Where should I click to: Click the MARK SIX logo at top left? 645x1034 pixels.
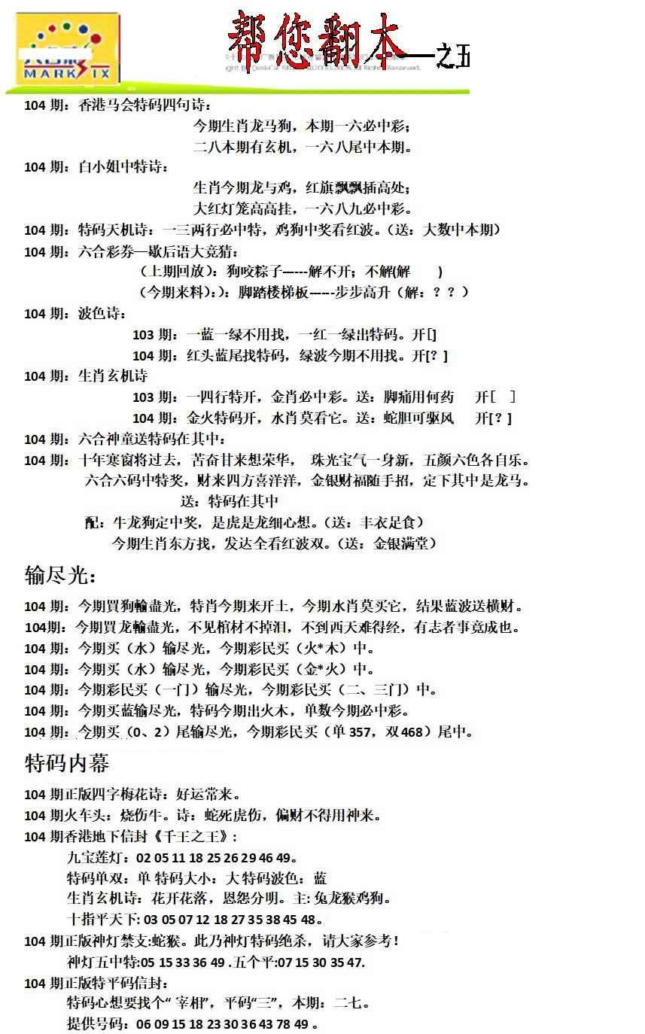click(68, 51)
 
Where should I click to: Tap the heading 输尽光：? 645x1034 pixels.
click(60, 576)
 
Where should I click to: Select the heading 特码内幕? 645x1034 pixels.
click(67, 764)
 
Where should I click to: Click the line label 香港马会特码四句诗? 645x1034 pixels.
click(143, 105)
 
